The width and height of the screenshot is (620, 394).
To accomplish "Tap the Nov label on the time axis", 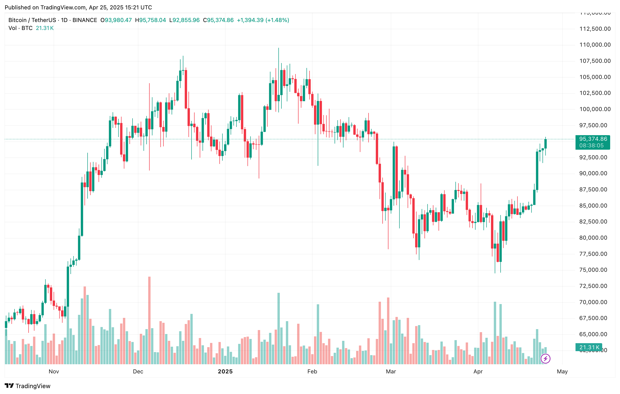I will click(x=54, y=371).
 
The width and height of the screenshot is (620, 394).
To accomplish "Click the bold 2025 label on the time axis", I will click(x=225, y=371).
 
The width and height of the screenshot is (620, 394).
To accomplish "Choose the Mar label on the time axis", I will click(x=391, y=371).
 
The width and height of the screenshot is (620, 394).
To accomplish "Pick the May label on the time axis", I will click(x=562, y=371).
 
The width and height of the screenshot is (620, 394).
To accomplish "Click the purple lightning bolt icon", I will click(x=545, y=358).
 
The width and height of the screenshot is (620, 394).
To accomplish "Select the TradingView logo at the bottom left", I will click(x=28, y=386).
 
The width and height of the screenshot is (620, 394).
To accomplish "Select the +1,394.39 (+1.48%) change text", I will click(x=263, y=20).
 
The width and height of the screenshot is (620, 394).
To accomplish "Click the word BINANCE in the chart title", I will click(x=85, y=20).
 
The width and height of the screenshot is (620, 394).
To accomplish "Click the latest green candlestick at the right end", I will click(x=545, y=144).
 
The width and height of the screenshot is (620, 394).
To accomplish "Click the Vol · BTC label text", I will click(x=20, y=28).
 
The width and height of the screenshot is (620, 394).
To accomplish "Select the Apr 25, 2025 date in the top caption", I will click(x=106, y=7).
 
